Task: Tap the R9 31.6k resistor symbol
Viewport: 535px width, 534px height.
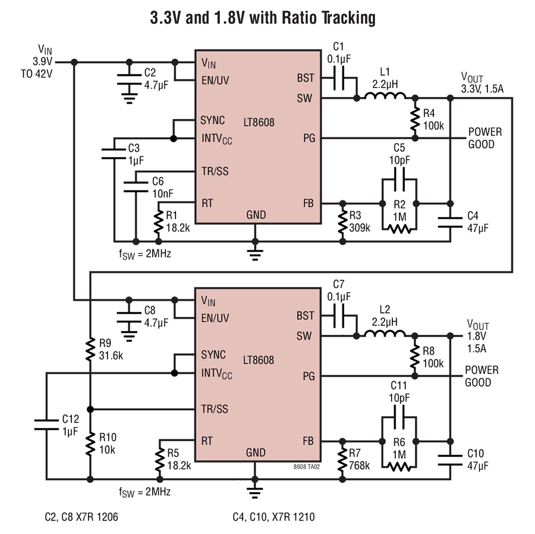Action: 90,349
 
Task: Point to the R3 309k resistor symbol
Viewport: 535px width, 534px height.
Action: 342,222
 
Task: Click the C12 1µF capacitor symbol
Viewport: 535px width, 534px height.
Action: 46,425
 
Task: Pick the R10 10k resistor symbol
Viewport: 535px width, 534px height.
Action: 90,443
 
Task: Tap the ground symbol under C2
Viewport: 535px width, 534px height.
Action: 129,98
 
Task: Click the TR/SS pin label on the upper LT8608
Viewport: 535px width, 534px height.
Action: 215,171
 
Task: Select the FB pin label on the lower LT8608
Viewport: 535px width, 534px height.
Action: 308,441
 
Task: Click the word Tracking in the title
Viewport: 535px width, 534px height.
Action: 348,18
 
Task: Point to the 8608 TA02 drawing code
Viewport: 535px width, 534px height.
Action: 306,467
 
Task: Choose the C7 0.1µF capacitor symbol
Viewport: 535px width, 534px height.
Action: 338,316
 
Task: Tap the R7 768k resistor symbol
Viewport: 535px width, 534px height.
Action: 342,460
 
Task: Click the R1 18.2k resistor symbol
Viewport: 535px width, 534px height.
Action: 158,222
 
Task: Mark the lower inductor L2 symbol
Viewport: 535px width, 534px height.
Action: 385,334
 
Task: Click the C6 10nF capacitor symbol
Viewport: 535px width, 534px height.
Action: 136,187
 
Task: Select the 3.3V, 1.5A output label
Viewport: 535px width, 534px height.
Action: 482,89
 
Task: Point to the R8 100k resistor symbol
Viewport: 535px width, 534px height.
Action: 414,357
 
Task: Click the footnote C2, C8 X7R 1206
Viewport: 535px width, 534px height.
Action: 81,517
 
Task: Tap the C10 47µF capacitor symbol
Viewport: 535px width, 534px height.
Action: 450,460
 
